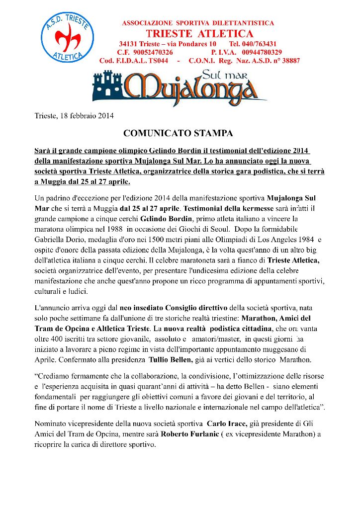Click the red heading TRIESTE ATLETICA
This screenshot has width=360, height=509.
pos(200,33)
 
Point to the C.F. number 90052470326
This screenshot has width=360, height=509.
pos(154,52)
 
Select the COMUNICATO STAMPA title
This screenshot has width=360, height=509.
pos(178,133)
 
